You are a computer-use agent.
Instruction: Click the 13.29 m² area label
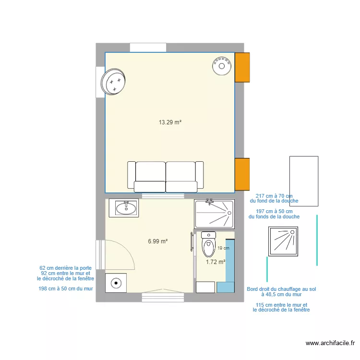170,122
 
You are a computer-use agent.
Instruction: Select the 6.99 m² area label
157,241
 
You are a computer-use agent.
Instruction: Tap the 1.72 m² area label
216,262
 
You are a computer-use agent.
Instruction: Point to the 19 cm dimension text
223,248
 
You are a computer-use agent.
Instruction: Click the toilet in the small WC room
208,244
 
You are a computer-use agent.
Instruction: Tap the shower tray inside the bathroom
214,214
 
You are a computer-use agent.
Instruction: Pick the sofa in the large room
166,176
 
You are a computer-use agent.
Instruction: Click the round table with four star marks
114,83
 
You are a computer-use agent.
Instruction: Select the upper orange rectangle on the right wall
242,67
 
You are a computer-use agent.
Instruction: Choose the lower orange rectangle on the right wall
242,174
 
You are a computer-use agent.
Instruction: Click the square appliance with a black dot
116,283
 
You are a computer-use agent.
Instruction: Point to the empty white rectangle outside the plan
303,181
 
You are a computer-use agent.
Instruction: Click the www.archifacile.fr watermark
330,343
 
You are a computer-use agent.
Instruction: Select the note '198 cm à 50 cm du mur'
65,289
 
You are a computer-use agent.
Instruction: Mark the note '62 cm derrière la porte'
66,268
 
